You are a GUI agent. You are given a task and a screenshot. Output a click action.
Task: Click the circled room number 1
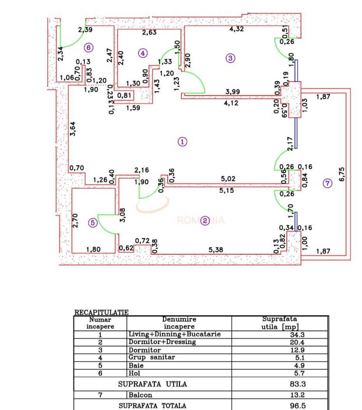[182, 142]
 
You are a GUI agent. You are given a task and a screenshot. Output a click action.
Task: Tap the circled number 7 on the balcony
[328, 183]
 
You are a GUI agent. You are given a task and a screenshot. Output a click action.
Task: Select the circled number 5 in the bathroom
[93, 223]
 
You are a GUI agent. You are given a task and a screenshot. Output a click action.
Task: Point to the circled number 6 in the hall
[89, 47]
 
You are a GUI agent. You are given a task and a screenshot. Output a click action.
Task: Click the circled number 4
[143, 53]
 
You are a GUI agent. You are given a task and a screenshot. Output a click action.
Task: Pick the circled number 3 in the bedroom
[230, 58]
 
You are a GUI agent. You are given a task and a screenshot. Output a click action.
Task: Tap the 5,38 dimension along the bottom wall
[216, 250]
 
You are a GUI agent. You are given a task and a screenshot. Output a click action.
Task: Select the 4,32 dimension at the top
[237, 29]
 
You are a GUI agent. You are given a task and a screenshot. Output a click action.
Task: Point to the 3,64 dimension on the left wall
[73, 129]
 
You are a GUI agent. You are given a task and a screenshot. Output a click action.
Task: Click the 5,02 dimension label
[228, 179]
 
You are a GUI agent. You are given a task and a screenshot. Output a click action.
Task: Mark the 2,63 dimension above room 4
[149, 32]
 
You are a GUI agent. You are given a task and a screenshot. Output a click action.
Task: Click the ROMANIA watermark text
[201, 221]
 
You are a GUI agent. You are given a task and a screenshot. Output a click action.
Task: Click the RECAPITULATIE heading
[101, 312]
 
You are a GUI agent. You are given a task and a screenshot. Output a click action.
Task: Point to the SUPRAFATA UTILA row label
[153, 384]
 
